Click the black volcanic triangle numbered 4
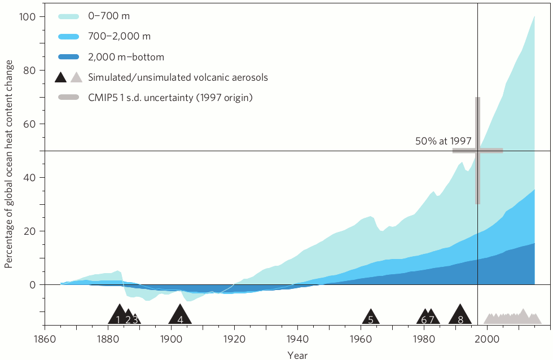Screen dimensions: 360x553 [180, 315]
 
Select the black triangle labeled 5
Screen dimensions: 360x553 [371, 318]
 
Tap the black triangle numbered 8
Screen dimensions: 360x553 [460, 315]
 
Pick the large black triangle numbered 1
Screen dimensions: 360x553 [118, 315]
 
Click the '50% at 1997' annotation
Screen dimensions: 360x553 [443, 142]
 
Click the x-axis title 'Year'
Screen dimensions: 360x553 [297, 355]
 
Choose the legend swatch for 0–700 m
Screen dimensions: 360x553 [69, 16]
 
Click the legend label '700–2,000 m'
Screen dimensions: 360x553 [119, 37]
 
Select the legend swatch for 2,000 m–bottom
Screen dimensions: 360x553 [69, 57]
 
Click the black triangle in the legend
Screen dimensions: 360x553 [62, 77]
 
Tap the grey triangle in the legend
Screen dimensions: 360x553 [77, 77]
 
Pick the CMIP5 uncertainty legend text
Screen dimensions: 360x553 [170, 98]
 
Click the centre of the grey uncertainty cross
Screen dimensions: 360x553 [477, 150]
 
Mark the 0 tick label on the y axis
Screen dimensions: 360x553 [34, 285]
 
